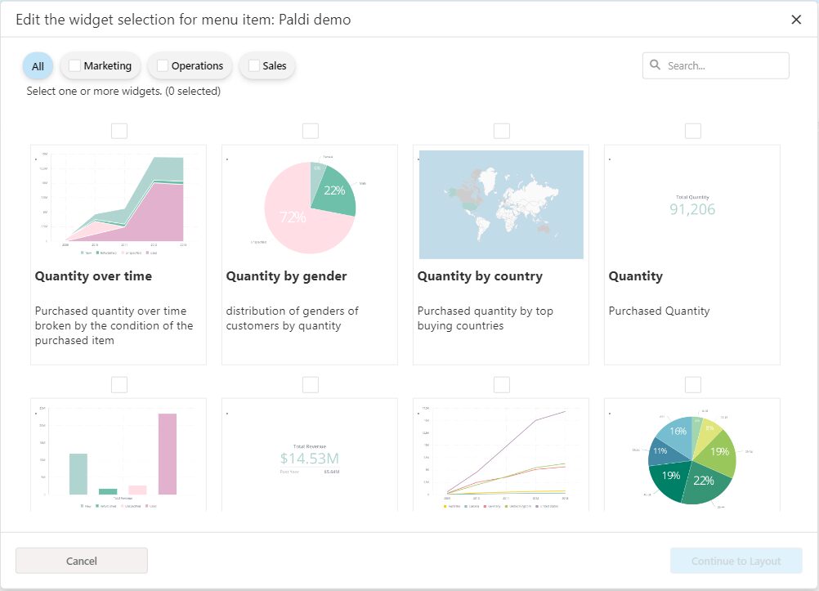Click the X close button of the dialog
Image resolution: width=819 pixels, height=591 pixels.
(796, 20)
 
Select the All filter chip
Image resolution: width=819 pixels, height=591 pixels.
(38, 66)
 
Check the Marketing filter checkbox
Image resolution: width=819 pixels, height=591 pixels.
(75, 65)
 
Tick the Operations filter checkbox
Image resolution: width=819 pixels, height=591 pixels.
(163, 65)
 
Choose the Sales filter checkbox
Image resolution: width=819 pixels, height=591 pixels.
(254, 65)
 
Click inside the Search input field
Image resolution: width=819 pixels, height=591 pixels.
(723, 65)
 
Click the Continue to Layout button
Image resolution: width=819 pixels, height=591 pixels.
(736, 561)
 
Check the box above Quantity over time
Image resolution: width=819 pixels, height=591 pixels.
(119, 131)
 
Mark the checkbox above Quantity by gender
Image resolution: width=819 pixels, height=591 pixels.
(310, 131)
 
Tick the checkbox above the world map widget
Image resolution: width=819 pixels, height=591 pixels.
(501, 131)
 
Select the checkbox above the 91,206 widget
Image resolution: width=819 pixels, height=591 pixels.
(692, 131)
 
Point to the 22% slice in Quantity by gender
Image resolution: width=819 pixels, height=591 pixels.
(335, 193)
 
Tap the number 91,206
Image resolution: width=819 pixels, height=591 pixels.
(692, 209)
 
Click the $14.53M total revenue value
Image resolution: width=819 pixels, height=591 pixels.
(309, 459)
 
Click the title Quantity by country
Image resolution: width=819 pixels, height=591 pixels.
(480, 276)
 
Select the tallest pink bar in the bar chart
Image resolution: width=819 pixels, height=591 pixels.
(167, 454)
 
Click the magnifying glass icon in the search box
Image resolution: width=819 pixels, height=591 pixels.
(656, 65)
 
